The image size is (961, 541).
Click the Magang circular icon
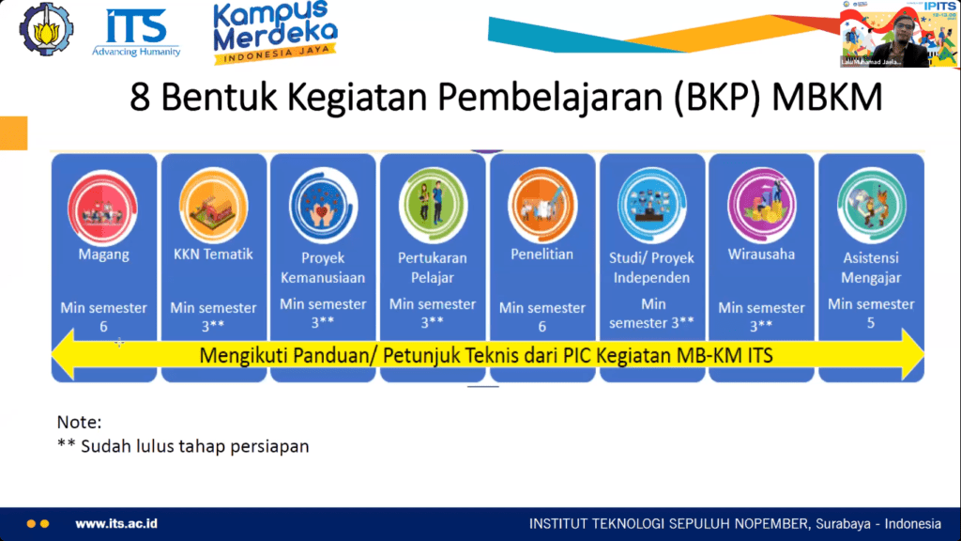tap(104, 201)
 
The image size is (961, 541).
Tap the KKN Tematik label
tap(212, 254)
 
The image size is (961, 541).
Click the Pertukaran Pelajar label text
tap(433, 267)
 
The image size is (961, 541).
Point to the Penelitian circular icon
tap(542, 202)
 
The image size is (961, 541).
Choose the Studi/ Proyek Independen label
tap(651, 267)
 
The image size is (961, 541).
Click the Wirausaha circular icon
tap(761, 202)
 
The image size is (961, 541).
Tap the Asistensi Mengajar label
tap(870, 267)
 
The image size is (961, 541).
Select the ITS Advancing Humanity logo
tap(136, 33)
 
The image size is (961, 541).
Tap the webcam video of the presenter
tap(898, 34)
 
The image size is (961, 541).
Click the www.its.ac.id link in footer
tap(115, 523)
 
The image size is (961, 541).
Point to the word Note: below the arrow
tap(79, 423)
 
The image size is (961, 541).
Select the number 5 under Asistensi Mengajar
tap(870, 322)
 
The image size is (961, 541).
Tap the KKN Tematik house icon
tap(213, 202)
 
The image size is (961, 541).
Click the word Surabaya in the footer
tap(835, 523)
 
